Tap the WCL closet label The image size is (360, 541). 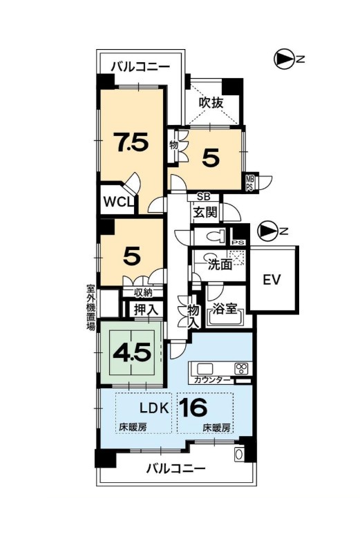(118, 202)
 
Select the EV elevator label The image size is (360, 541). (272, 279)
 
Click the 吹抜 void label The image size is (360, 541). (211, 103)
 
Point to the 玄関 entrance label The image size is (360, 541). (205, 213)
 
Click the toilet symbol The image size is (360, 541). (216, 237)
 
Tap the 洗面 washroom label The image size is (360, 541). (220, 265)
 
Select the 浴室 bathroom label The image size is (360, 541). (225, 309)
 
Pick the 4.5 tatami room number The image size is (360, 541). (133, 352)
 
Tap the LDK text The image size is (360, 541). (154, 408)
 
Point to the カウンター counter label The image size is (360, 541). (212, 380)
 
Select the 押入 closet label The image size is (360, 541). (146, 310)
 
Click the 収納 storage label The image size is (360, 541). (143, 292)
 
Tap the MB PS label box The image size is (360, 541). (249, 182)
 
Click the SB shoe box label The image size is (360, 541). (204, 197)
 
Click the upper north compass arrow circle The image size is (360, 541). (283, 59)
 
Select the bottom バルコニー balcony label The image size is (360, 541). (176, 468)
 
